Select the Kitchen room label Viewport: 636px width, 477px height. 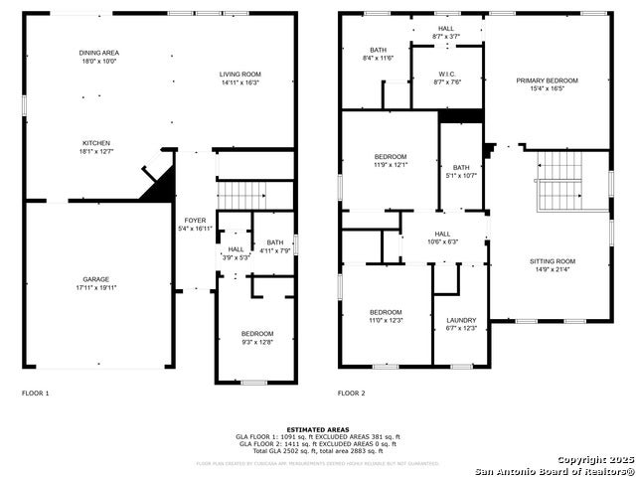click(x=96, y=147)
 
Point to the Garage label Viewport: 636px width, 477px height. click(x=96, y=283)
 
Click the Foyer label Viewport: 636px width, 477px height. click(x=195, y=224)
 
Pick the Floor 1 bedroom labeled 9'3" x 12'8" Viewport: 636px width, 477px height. click(x=256, y=338)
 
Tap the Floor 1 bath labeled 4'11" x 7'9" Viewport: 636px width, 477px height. click(x=274, y=246)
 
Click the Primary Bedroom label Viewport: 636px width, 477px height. click(x=546, y=84)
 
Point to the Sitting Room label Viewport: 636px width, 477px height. click(x=552, y=265)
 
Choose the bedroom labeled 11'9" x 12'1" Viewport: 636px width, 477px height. click(x=391, y=161)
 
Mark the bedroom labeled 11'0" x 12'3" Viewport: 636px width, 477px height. click(x=386, y=316)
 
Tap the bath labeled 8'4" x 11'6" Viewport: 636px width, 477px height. click(x=378, y=54)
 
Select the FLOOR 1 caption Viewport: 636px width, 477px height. click(x=36, y=394)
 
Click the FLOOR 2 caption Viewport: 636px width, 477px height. click(x=352, y=394)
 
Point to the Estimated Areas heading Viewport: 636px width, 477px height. click(x=317, y=429)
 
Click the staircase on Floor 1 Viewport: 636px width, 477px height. click(x=244, y=194)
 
